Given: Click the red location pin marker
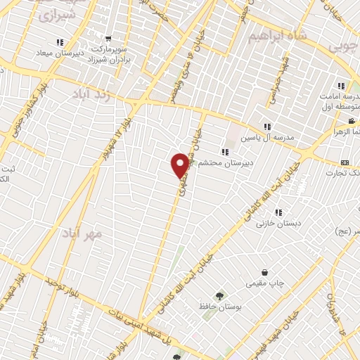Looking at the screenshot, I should (180, 165).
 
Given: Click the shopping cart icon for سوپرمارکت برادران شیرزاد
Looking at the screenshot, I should (108, 39).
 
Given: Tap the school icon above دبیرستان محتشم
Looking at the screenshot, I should (224, 151).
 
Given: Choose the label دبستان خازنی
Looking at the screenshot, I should (274, 224).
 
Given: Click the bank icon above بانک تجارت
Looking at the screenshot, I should (345, 162).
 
